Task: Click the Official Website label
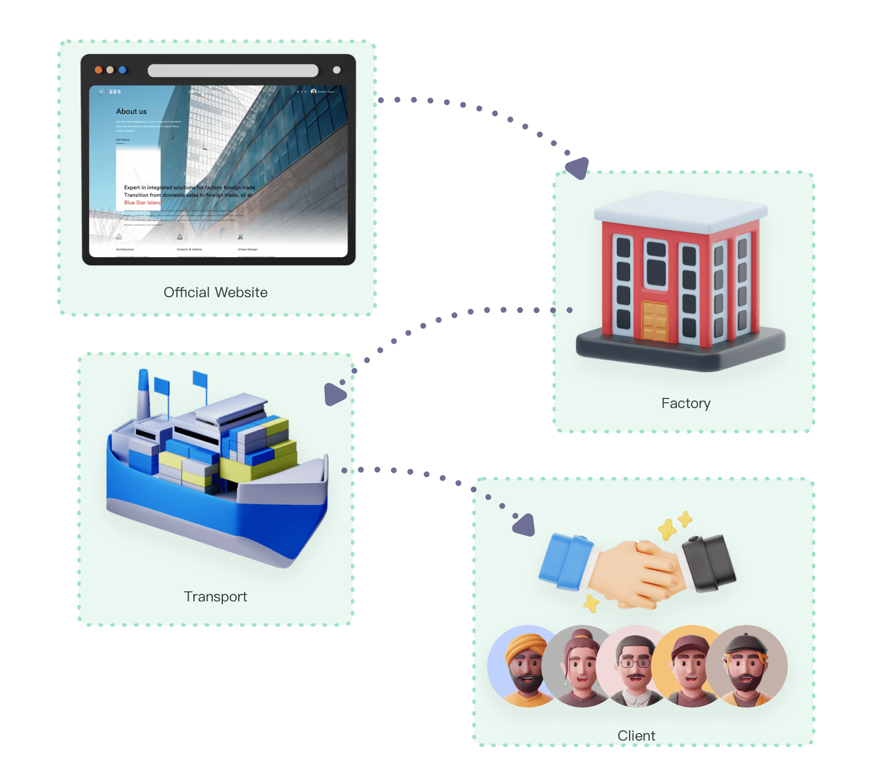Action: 215,292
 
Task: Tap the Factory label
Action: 686,403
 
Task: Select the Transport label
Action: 215,597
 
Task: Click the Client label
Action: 636,736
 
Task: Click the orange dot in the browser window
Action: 98,70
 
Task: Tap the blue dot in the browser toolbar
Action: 123,70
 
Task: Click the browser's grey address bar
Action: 233,71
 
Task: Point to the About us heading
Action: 131,111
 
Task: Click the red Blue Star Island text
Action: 142,203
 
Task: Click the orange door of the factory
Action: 654,321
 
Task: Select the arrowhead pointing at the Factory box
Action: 578,167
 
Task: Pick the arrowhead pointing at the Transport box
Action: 334,394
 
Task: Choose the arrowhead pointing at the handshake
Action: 524,525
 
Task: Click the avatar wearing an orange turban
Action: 522,666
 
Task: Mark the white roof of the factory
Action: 681,209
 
